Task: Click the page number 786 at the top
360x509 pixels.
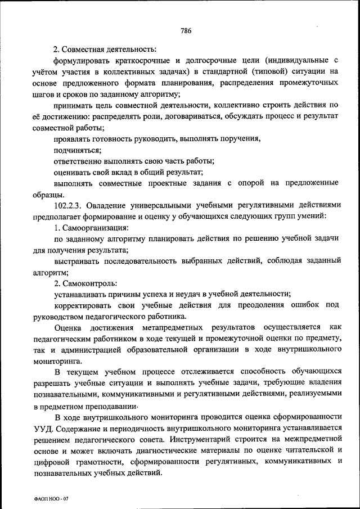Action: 186,30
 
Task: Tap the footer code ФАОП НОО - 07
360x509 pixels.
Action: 52,498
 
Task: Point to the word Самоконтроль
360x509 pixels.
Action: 93,282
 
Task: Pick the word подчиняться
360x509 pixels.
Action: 78,150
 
